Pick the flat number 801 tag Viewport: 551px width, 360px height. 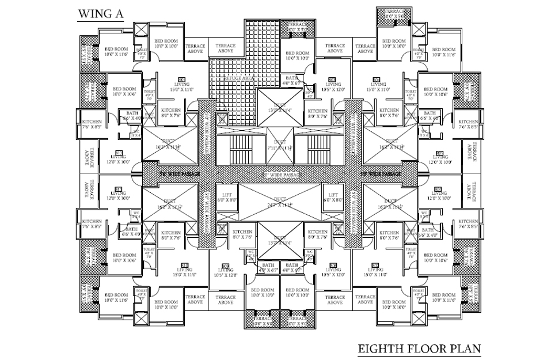[x=182, y=79]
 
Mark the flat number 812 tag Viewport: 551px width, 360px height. [x=119, y=152]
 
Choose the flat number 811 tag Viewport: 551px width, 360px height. [x=119, y=189]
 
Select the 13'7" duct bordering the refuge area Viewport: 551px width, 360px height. [x=279, y=108]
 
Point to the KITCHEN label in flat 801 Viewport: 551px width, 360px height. [x=170, y=112]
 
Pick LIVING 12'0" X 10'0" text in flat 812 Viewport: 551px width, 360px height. [x=119, y=159]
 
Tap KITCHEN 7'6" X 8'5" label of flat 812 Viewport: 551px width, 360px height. [x=92, y=124]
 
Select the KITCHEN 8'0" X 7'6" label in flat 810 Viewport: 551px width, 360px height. [x=170, y=235]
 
